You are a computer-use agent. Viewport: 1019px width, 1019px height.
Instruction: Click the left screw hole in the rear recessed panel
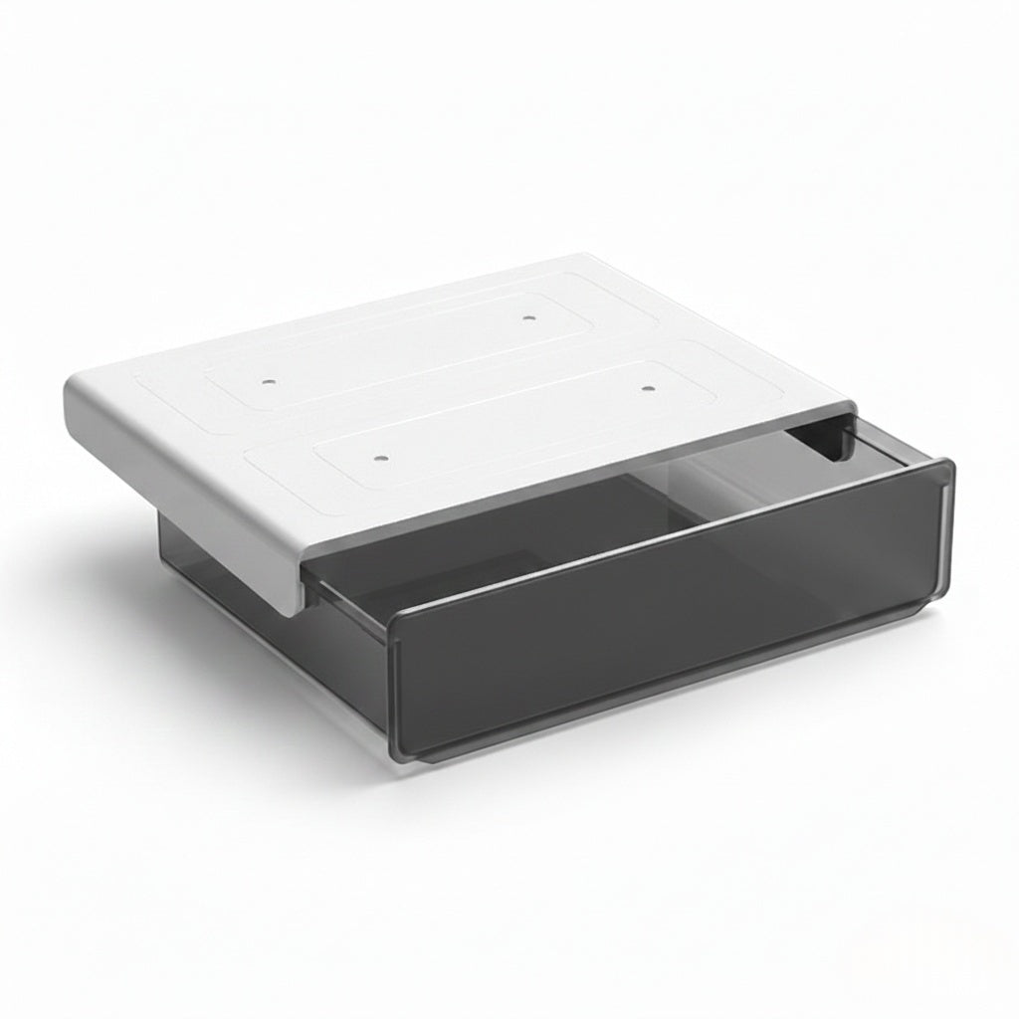coord(268,380)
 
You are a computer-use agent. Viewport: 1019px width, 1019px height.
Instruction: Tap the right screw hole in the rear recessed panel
coord(528,319)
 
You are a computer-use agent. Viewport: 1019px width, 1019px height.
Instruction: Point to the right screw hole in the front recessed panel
coord(648,388)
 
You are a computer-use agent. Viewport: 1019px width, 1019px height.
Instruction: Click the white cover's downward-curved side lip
coord(199,488)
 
